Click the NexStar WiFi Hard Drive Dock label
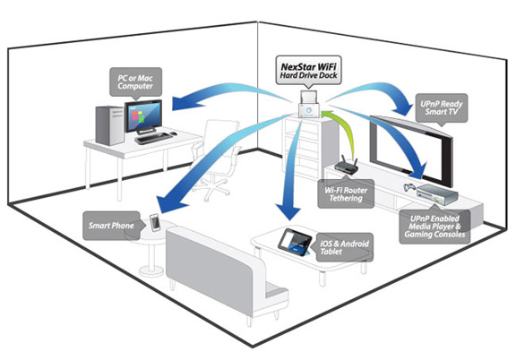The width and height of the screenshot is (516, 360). (x=303, y=68)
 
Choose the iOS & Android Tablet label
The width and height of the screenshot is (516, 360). (x=347, y=248)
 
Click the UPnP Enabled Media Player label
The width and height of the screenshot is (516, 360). (x=437, y=224)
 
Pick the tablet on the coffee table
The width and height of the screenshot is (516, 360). (x=296, y=239)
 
